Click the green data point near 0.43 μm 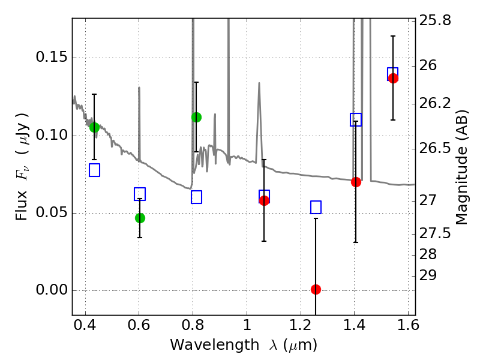(x=94, y=127)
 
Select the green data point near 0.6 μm (x=140, y=218)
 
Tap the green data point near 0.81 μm (x=196, y=117)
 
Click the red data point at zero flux (x=316, y=289)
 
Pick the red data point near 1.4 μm (x=356, y=182)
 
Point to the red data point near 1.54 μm (x=393, y=78)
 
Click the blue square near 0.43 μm (x=94, y=170)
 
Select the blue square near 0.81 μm (x=196, y=197)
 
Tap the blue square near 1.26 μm (x=316, y=207)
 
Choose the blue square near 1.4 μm (x=356, y=119)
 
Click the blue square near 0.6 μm (x=140, y=194)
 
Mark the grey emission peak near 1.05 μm (x=259, y=84)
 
